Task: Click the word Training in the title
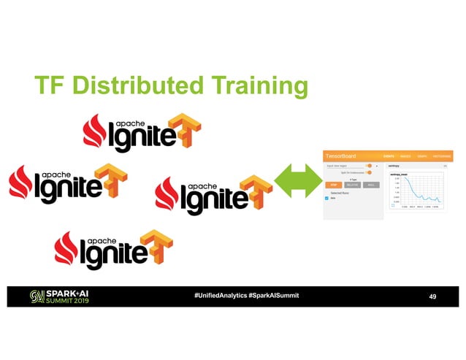click(259, 88)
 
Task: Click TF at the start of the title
click(53, 86)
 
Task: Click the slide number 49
click(432, 296)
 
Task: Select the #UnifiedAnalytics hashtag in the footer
click(219, 295)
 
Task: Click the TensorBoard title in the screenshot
click(340, 156)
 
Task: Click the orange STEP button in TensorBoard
click(331, 185)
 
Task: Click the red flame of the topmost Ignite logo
click(93, 131)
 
